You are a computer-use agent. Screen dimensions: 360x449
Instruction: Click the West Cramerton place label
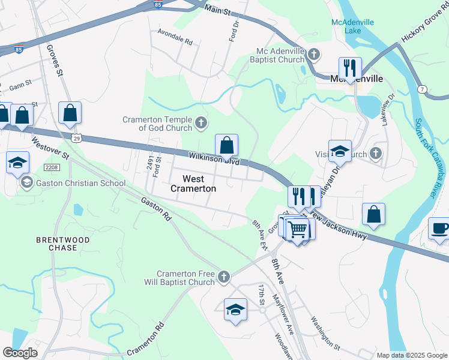point(193,184)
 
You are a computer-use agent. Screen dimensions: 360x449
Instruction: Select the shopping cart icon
point(298,229)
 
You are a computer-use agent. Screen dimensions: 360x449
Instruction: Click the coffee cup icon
point(439,228)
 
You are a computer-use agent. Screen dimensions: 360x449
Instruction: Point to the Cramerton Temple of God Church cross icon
point(201,124)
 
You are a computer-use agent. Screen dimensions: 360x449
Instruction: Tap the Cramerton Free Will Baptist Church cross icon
point(223,277)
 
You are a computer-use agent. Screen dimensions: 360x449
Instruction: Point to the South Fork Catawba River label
point(425,158)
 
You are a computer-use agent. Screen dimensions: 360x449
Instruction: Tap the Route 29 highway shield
point(77,139)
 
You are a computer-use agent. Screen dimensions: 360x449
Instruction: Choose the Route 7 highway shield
point(423,89)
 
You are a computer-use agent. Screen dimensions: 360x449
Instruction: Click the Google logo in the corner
point(20,353)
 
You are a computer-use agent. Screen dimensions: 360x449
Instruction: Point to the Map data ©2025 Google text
point(411,355)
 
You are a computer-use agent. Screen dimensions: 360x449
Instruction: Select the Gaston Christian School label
point(80,183)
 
